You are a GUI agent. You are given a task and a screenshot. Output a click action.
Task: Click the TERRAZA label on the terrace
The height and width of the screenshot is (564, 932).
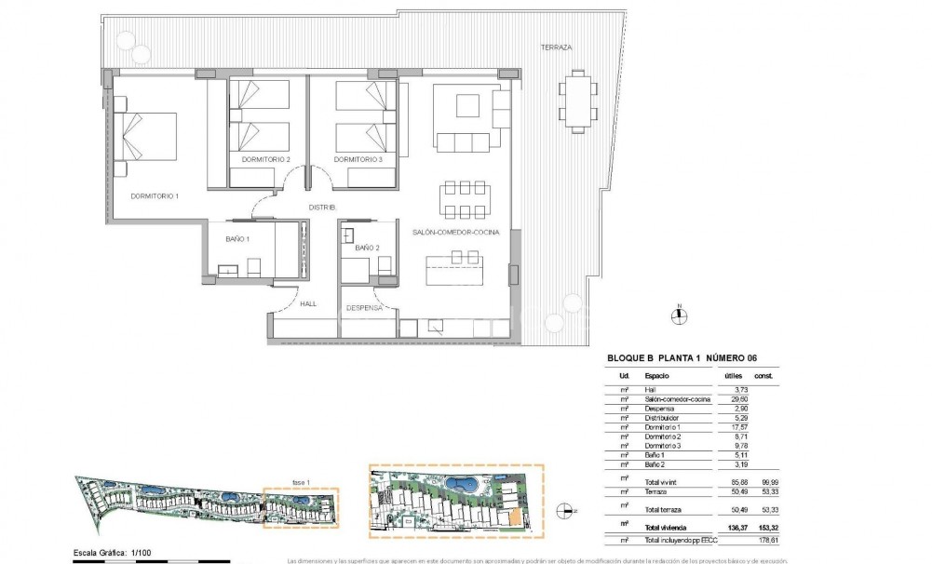pyautogui.click(x=558, y=47)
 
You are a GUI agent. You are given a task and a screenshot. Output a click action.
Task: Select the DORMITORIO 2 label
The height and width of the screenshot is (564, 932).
pyautogui.click(x=265, y=160)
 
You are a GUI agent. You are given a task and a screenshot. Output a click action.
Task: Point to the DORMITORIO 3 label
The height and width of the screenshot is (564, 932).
pyautogui.click(x=358, y=160)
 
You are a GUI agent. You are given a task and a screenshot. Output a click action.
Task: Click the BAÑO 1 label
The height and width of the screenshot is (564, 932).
pyautogui.click(x=237, y=239)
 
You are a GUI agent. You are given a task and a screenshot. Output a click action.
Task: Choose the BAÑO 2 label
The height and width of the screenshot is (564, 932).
pyautogui.click(x=367, y=248)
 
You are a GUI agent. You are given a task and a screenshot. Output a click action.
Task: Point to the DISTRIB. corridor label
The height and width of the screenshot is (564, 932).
pyautogui.click(x=322, y=207)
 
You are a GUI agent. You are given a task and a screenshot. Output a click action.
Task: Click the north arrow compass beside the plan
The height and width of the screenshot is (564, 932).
pyautogui.click(x=681, y=315)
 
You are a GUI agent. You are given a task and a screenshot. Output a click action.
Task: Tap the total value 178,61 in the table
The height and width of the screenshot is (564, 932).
pyautogui.click(x=766, y=540)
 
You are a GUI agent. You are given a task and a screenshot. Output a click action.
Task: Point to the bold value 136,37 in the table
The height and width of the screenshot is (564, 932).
pyautogui.click(x=734, y=528)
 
